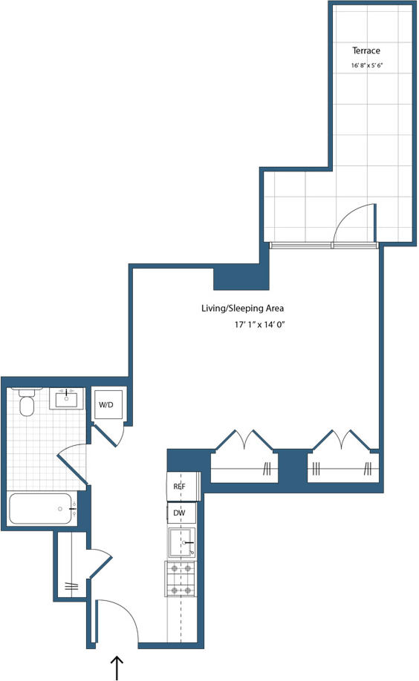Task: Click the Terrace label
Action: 366,50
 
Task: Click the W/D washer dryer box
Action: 106,405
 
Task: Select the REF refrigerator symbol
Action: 179,486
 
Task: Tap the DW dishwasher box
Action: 180,513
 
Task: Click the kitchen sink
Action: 181,543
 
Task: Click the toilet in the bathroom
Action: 27,404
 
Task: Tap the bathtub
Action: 41,510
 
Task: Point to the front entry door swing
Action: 119,619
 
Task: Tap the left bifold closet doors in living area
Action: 244,441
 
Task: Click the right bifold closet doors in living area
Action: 342,441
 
